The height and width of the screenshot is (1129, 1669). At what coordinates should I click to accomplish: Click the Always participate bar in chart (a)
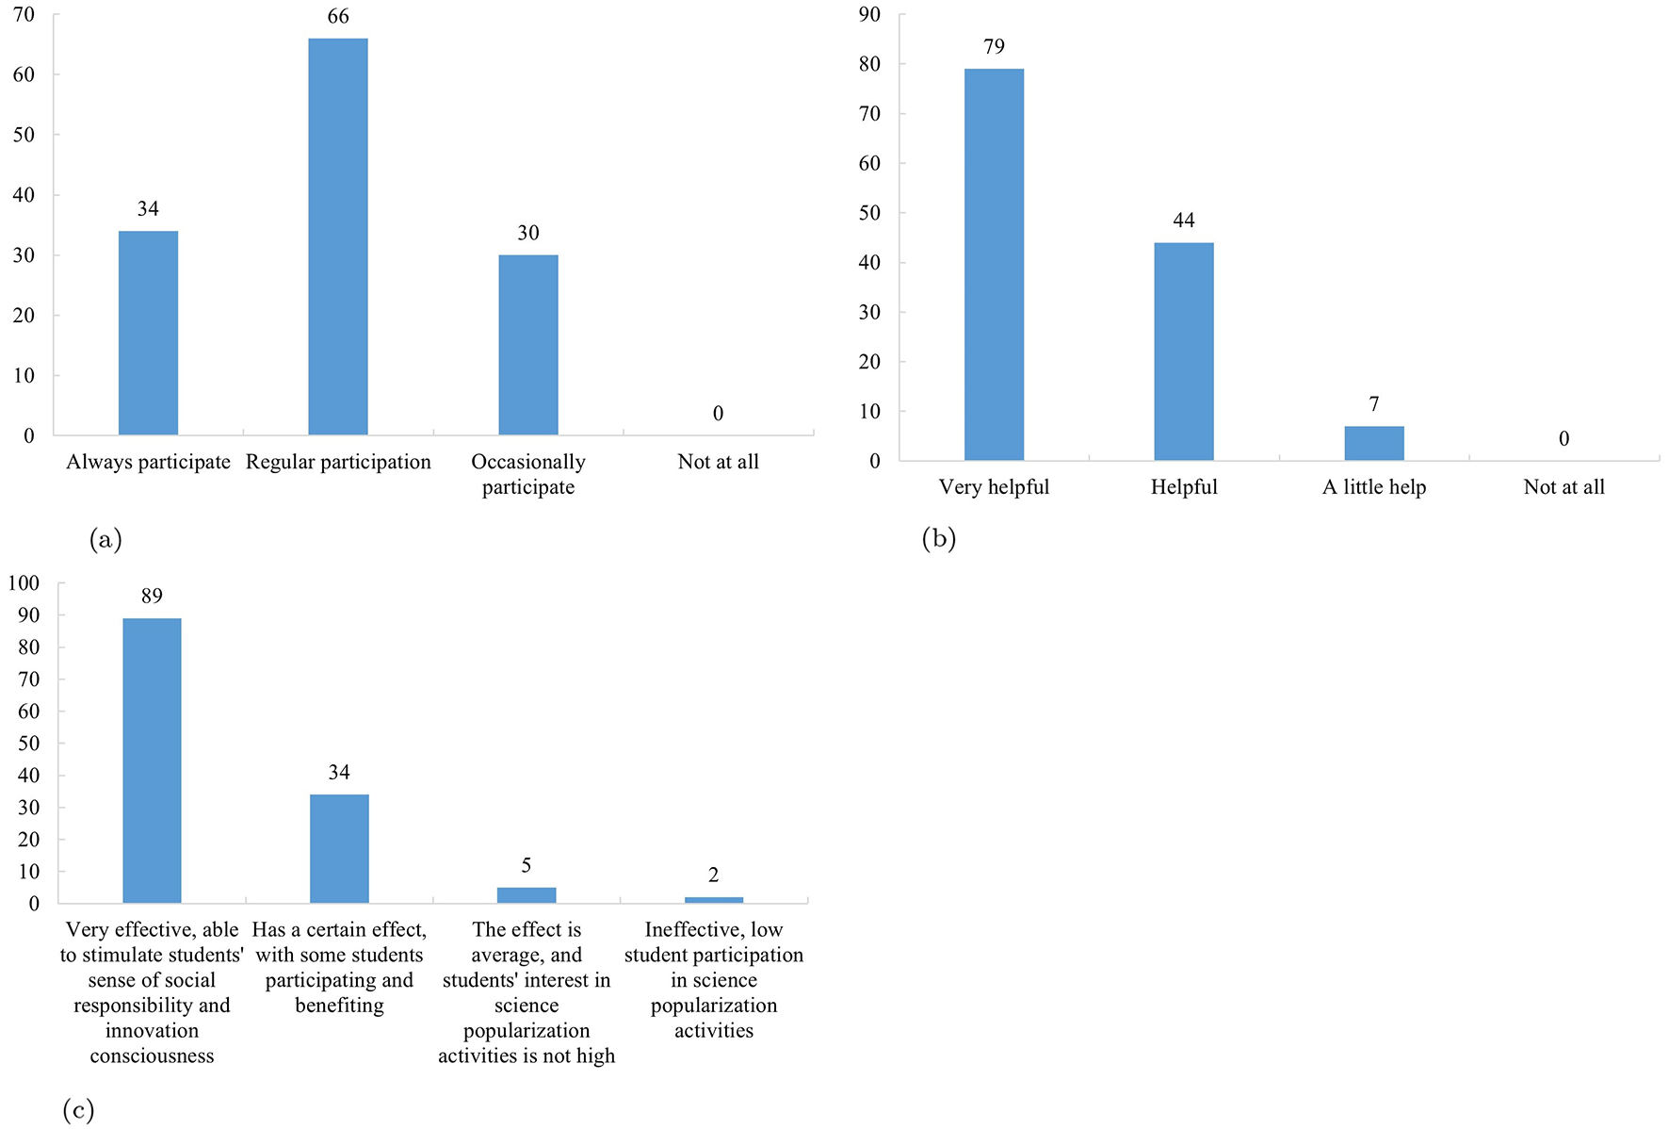[x=148, y=333]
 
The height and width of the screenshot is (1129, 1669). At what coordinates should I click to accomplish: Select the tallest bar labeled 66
[x=338, y=237]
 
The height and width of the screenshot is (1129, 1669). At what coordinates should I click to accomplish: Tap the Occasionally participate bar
[x=528, y=345]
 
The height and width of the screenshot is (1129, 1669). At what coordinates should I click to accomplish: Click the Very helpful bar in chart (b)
[x=994, y=265]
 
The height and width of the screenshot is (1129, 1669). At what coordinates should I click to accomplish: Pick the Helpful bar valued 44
[x=1184, y=352]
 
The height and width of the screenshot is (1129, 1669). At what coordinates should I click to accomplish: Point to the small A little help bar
[x=1374, y=444]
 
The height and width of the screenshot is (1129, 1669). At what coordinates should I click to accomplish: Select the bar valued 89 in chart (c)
[x=152, y=761]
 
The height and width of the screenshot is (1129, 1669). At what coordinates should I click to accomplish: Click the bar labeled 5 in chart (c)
[x=527, y=895]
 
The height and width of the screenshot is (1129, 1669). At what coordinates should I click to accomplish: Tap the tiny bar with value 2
[x=714, y=900]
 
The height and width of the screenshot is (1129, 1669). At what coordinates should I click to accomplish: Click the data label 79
[x=994, y=46]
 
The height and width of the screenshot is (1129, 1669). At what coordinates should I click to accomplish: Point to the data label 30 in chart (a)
[x=528, y=233]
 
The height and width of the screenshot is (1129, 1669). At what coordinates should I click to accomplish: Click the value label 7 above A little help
[x=1374, y=404]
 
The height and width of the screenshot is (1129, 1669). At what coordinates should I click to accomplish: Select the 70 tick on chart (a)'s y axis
[x=24, y=14]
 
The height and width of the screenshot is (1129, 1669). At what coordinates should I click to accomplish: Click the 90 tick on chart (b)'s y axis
[x=869, y=14]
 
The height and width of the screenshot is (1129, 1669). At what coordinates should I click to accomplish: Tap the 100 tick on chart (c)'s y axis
[x=24, y=582]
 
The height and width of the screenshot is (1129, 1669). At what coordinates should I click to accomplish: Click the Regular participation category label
[x=338, y=462]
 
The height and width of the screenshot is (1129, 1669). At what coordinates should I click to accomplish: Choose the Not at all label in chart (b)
[x=1564, y=487]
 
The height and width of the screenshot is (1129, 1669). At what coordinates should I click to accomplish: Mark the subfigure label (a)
[x=105, y=539]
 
